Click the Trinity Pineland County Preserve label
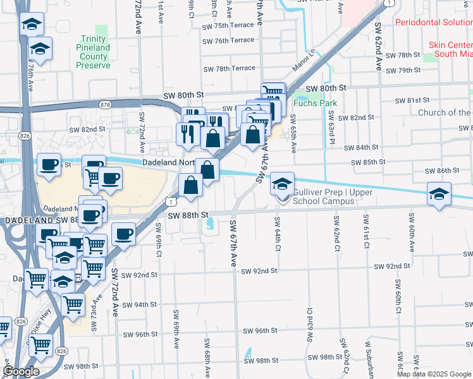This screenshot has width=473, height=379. coord(93,47)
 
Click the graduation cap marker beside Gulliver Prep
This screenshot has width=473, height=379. coord(283,184)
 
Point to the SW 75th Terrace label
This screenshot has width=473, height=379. coord(228,27)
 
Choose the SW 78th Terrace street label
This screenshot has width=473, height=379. coord(228,68)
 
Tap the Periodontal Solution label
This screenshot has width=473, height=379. coord(433,22)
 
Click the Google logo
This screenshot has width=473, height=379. coord(21,371)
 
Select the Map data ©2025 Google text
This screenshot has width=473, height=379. coord(433,374)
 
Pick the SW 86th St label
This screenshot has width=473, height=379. coord(441,171)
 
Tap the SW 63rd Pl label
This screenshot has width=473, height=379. coord(331,128)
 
